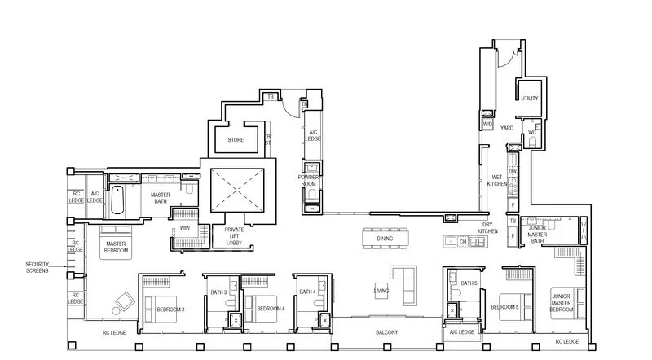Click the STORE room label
click(236, 139)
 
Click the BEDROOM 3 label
click(170, 309)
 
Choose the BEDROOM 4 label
click(270, 309)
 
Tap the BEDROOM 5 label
click(504, 307)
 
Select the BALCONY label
click(386, 332)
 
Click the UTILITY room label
click(531, 98)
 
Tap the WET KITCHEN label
click(496, 181)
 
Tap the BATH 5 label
click(469, 283)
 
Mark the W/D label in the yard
click(488, 124)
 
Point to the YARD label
click(506, 128)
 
